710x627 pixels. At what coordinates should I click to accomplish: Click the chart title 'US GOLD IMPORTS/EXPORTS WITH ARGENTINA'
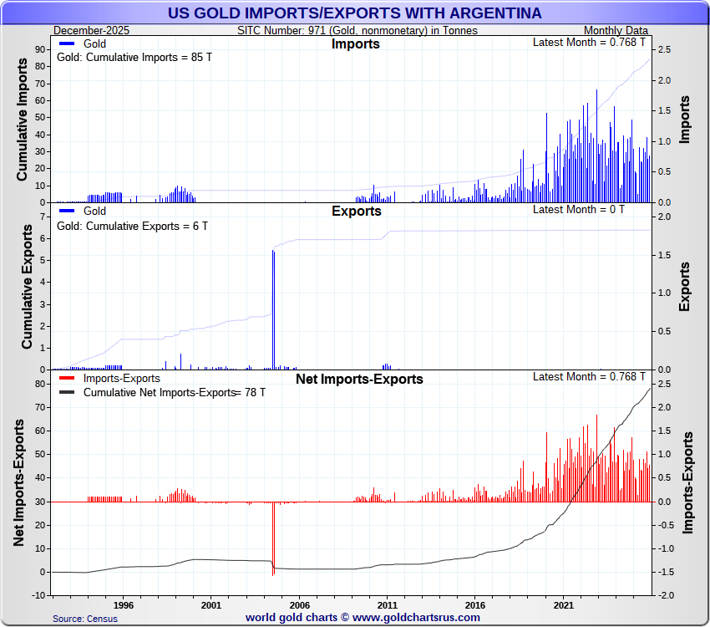point(354,13)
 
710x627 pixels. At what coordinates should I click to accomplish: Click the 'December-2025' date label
point(86,30)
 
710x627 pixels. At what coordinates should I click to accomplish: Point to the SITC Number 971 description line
point(358,30)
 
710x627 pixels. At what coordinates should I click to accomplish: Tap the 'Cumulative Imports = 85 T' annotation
point(132,58)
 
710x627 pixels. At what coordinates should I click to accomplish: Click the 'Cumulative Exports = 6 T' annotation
point(132,226)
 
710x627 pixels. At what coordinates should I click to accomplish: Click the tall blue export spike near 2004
point(273,309)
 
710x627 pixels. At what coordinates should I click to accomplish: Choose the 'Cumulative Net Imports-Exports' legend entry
point(159,392)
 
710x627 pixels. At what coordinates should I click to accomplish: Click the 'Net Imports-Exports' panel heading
point(359,379)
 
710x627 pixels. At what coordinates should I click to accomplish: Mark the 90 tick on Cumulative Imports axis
point(39,49)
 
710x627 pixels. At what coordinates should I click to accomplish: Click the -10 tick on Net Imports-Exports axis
point(37,595)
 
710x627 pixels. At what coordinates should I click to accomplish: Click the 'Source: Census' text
point(84,619)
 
